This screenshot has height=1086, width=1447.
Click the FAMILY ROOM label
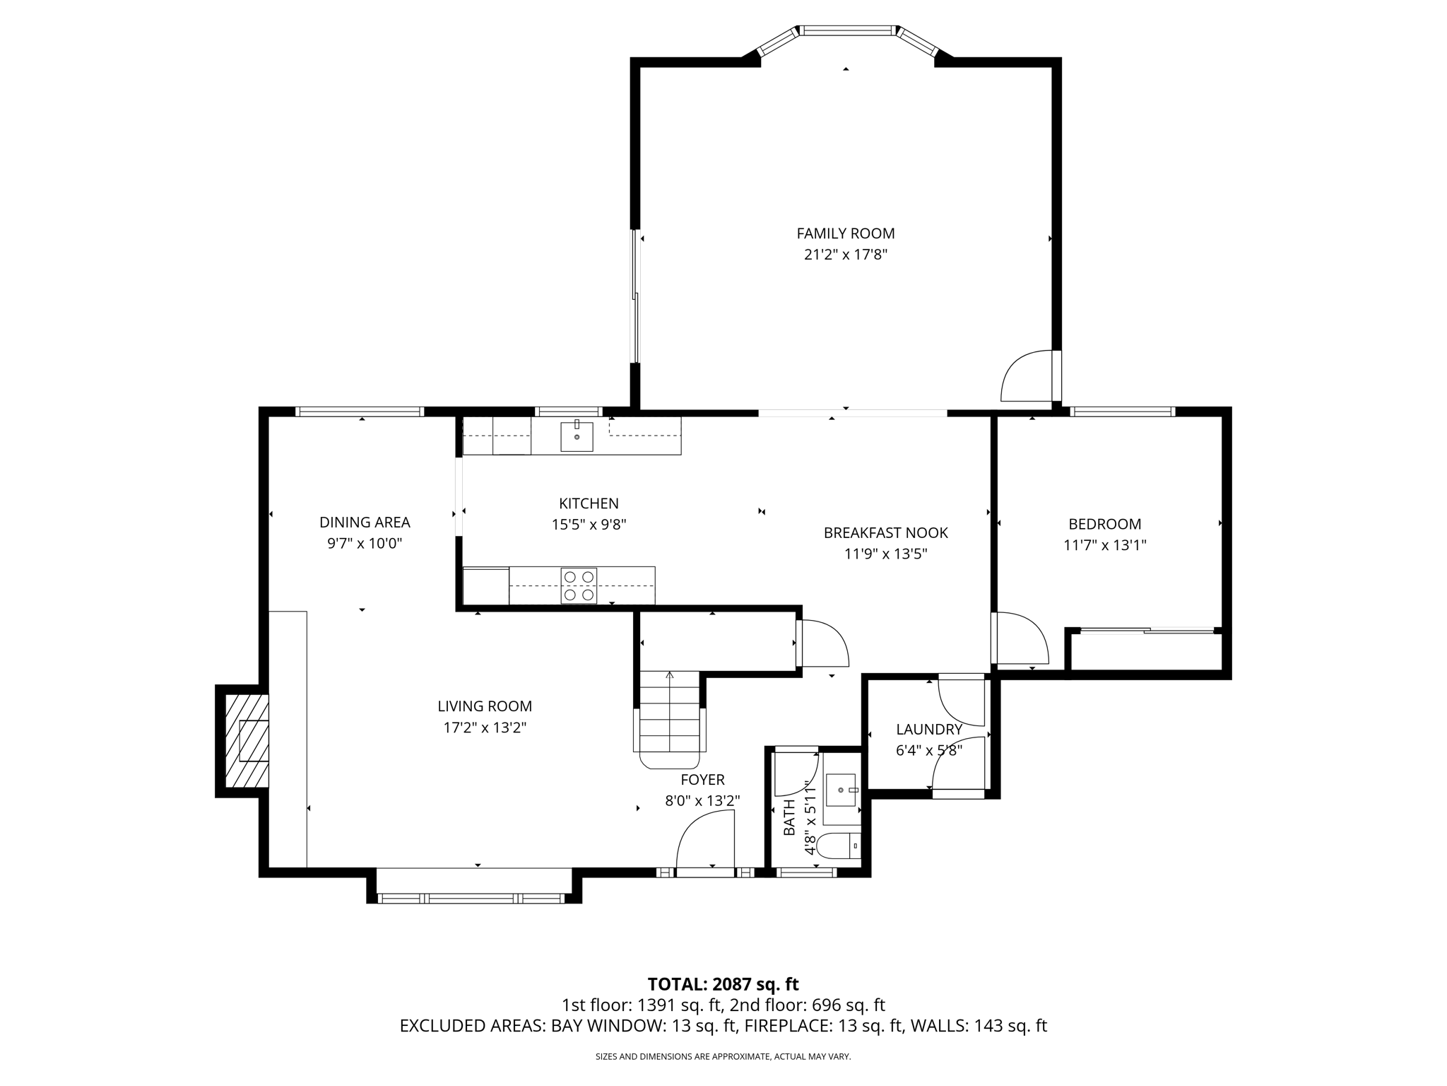pos(845,233)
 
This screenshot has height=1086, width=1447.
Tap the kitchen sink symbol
pos(577,436)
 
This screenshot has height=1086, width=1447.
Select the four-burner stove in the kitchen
pos(579,585)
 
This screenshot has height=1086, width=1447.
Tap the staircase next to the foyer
pos(669,714)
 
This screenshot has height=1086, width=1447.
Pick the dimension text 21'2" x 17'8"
pos(845,255)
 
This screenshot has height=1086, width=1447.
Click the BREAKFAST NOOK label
pos(885,533)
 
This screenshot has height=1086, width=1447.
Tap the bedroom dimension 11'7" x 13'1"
pos(1104,545)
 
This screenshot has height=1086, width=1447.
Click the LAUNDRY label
pos(928,730)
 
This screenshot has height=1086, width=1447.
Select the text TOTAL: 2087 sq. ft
pos(723,984)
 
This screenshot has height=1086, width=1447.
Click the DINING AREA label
pos(365,522)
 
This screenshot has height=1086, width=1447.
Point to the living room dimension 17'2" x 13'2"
pos(485,728)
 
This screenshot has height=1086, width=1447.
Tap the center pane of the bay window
pos(846,30)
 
